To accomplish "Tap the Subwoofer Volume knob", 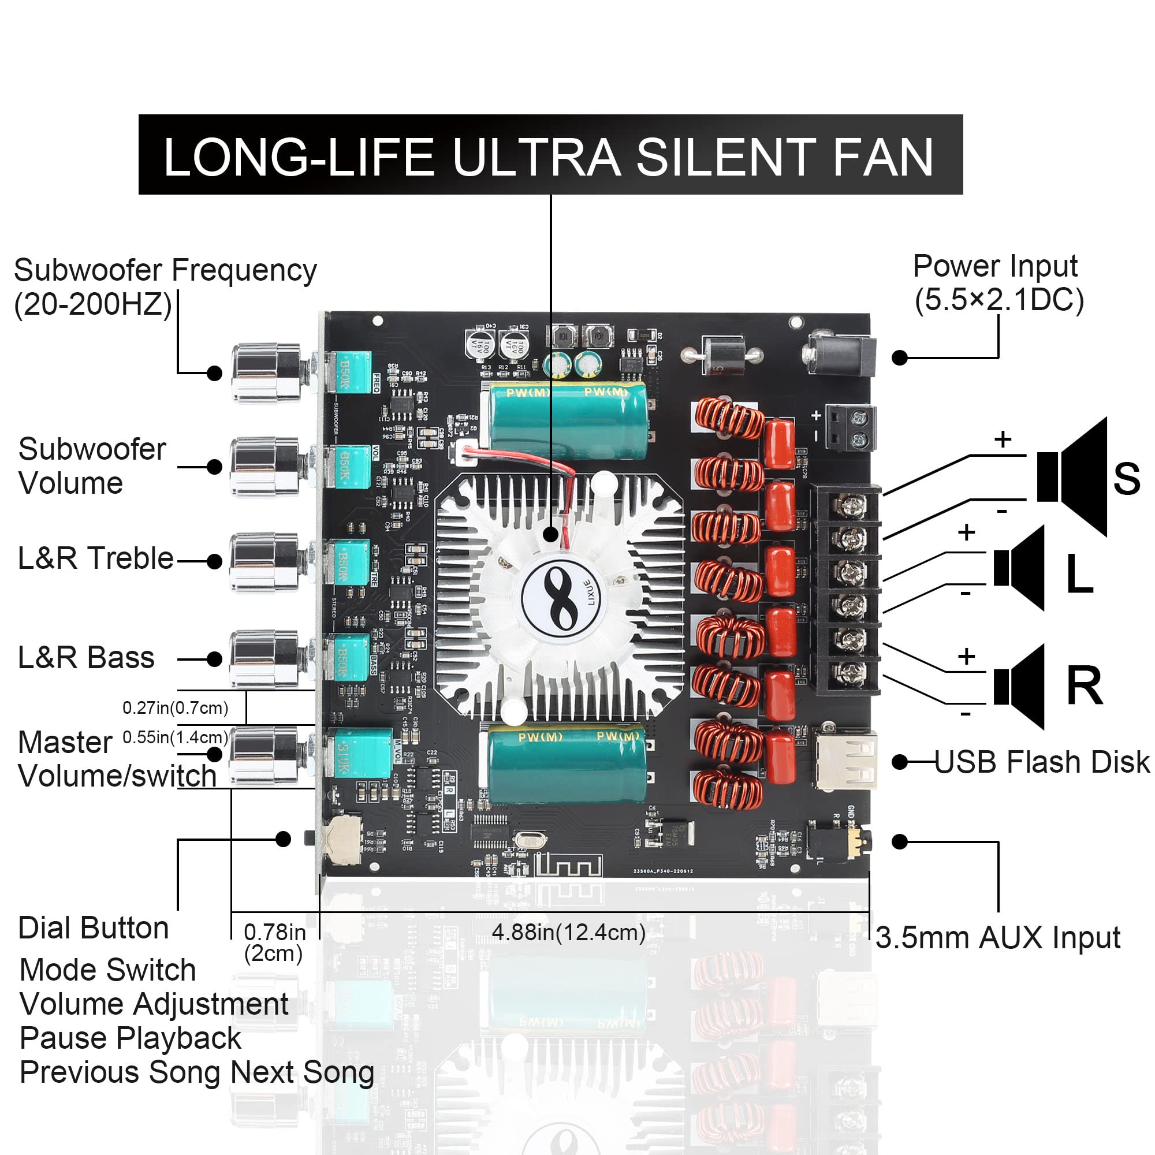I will tap(266, 467).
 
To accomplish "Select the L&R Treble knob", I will tap(266, 561).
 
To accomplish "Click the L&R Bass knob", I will tap(266, 659).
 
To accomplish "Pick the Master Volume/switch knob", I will tap(266, 754).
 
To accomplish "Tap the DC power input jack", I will tap(840, 356).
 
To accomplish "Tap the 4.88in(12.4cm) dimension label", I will tap(568, 933).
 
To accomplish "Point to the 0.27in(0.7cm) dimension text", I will tap(175, 708).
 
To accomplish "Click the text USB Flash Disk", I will tap(1041, 762).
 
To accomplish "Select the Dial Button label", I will tap(93, 929).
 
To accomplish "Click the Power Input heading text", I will tap(995, 266).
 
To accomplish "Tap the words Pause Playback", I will tap(131, 1038).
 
